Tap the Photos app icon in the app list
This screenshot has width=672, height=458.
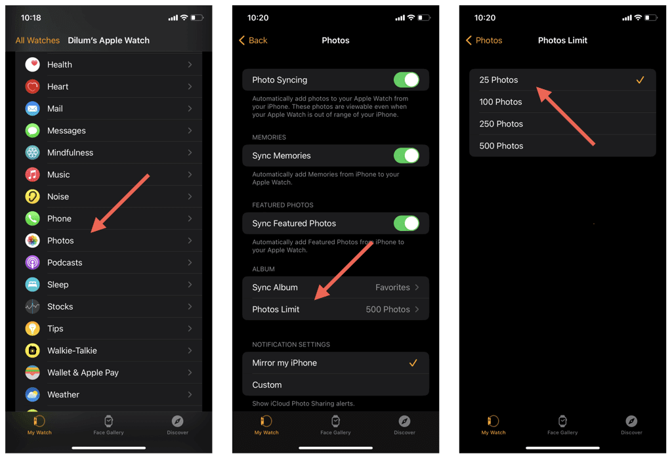click(33, 241)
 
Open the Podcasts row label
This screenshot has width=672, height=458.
click(65, 262)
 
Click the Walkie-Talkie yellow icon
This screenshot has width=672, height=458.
click(33, 350)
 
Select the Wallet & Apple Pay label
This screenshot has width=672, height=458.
click(83, 373)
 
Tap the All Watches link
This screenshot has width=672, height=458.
click(37, 40)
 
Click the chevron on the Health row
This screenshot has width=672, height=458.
click(190, 65)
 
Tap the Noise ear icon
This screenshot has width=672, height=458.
click(33, 197)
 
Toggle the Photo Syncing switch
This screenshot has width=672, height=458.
click(406, 79)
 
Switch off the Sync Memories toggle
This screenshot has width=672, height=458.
click(406, 156)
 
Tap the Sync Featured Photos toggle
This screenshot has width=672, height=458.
click(406, 223)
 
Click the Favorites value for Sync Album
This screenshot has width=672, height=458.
click(392, 287)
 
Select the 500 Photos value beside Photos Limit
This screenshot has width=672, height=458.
click(388, 309)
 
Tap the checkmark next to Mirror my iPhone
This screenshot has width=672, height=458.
click(413, 363)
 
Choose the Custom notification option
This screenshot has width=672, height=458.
click(267, 385)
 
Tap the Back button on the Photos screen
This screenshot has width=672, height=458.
click(253, 40)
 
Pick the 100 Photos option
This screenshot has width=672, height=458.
click(501, 102)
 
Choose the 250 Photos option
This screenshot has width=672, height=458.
click(501, 124)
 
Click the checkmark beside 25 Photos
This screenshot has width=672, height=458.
click(640, 79)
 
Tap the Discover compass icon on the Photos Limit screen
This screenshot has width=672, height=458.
click(631, 421)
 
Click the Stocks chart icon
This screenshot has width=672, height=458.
click(33, 307)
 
